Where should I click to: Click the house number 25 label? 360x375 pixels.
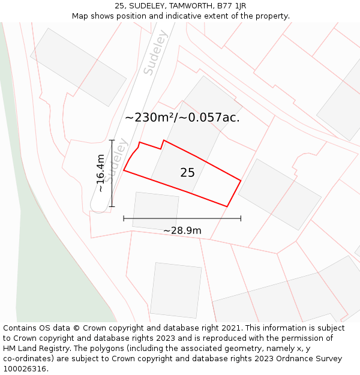point(187,173)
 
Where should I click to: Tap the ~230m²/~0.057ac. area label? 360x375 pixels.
point(182,118)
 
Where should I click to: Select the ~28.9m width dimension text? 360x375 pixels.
point(182,230)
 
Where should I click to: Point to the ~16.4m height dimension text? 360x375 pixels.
point(101,173)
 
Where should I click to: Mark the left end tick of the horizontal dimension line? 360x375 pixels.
point(124,218)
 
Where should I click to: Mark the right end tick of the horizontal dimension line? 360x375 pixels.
point(241,218)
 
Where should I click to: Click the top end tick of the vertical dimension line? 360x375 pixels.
point(112,140)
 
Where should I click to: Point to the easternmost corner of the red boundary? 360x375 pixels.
point(241,180)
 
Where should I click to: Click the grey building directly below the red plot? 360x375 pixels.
point(155,211)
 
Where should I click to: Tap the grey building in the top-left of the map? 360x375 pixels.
point(78,67)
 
